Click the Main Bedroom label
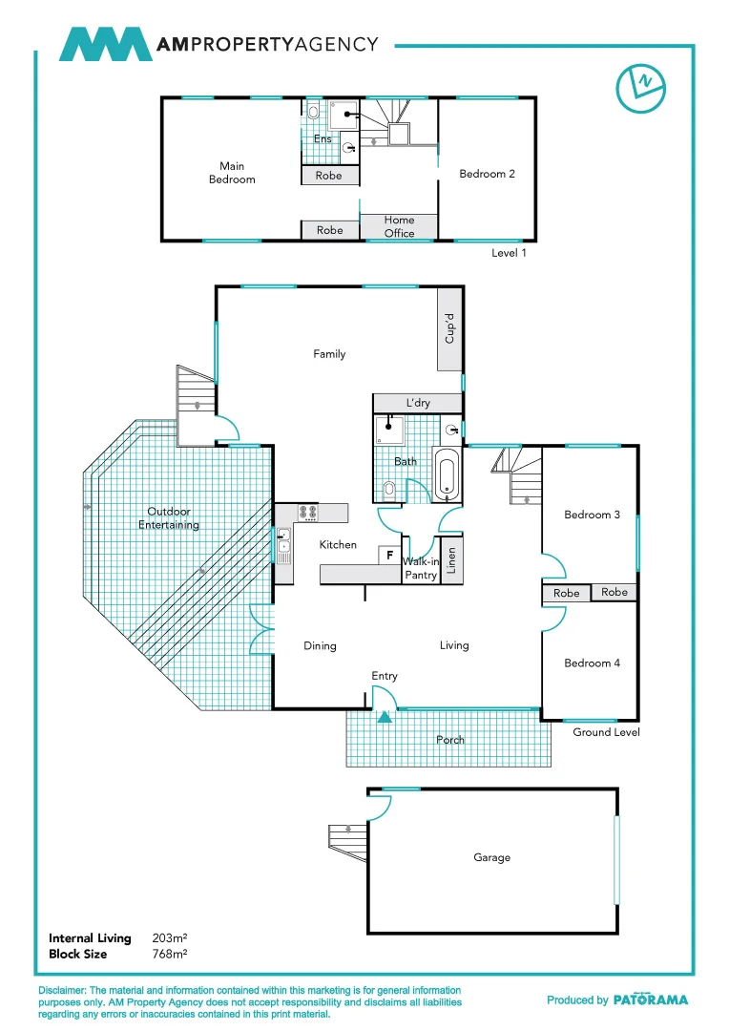232,173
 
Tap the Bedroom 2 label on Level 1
487,174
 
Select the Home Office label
399,226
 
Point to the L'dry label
418,403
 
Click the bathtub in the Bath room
447,473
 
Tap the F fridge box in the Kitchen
389,554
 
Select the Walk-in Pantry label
421,569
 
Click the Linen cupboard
451,560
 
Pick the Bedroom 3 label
592,515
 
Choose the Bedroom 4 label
592,663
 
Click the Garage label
491,857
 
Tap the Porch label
450,740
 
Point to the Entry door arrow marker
384,717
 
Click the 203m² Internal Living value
169,939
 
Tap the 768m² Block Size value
169,954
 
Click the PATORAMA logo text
650,1000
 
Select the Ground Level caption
606,732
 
